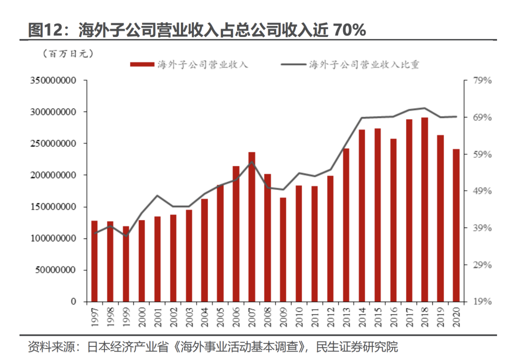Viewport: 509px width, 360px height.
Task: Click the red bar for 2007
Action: click(251, 227)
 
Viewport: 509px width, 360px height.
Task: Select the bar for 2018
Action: click(424, 210)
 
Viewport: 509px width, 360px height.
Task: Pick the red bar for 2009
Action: click(283, 249)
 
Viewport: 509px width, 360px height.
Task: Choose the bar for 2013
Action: click(346, 225)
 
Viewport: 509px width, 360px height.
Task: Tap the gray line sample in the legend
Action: click(293, 64)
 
